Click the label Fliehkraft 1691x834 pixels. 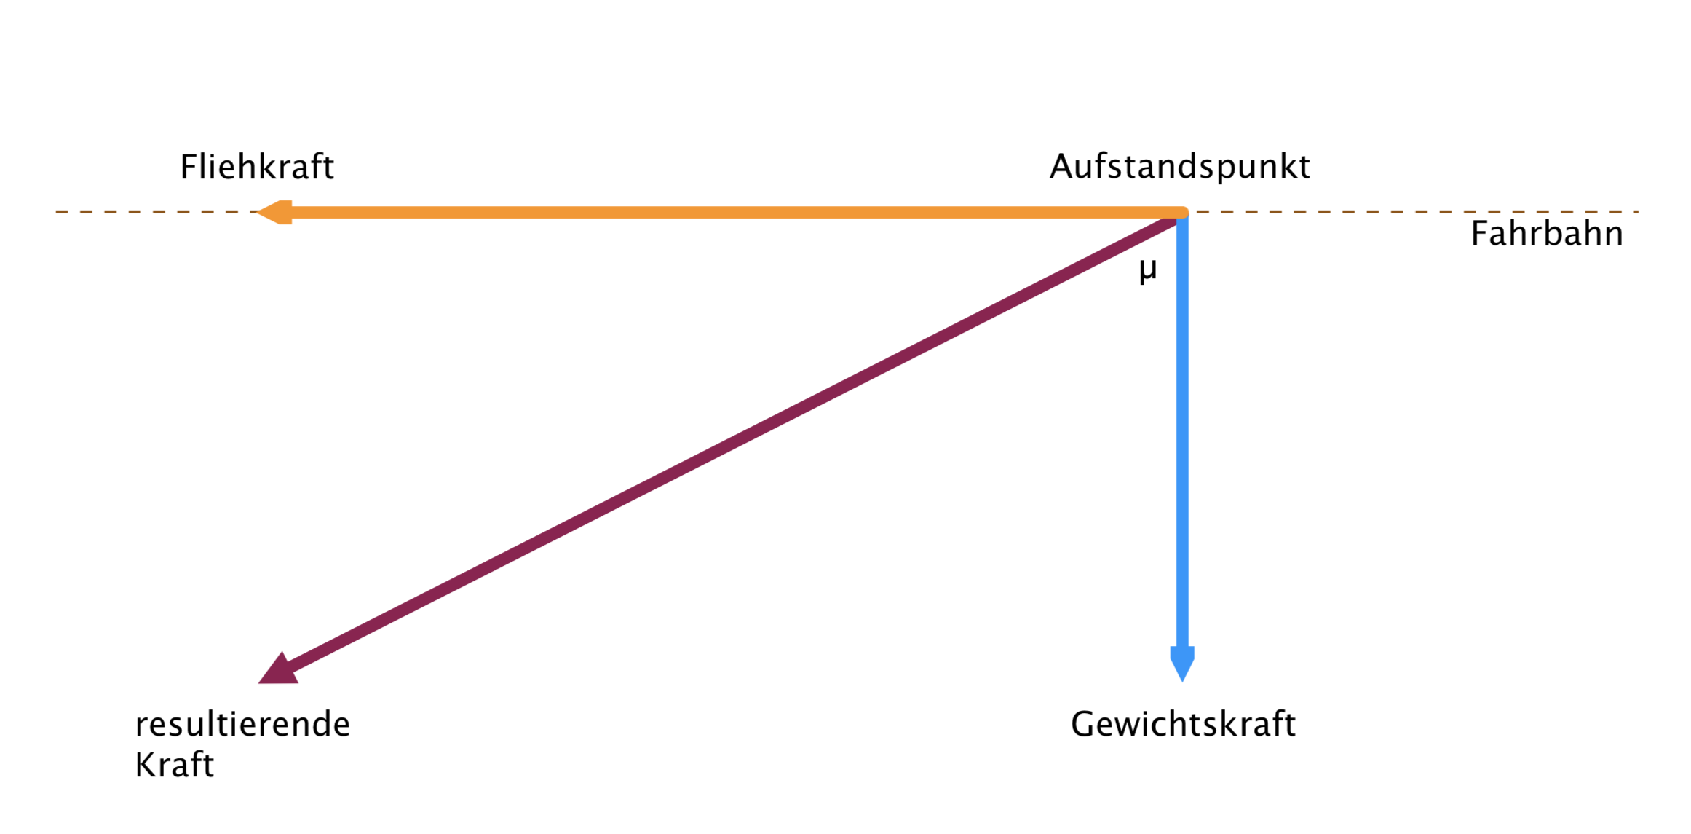257,167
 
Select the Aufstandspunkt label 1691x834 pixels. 1179,167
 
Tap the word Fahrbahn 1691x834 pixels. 1546,234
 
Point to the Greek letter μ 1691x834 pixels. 1148,271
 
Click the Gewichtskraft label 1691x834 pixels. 1183,724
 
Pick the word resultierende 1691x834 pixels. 242,725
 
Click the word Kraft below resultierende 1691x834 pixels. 175,766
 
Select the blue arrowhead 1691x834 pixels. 1182,663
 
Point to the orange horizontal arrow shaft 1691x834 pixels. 728,213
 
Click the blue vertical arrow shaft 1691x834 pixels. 1182,437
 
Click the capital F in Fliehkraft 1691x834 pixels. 189,167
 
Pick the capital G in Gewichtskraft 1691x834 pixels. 1084,724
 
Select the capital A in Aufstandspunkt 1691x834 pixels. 1063,167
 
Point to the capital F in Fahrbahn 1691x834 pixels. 1479,234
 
